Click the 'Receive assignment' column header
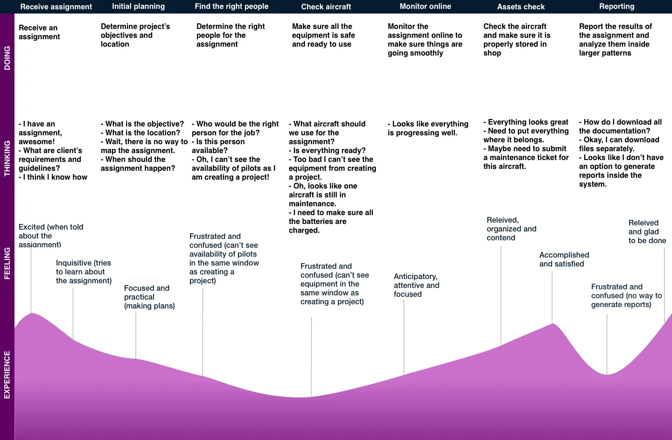click(x=56, y=7)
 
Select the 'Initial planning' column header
click(x=138, y=7)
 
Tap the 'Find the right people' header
click(x=231, y=7)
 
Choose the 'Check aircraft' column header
click(x=326, y=7)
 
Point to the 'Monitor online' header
click(x=425, y=7)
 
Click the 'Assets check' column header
click(x=521, y=7)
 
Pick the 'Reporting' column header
click(x=616, y=7)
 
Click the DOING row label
click(x=7, y=58)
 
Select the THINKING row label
click(x=7, y=158)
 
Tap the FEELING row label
click(x=7, y=263)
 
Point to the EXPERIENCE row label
click(x=7, y=375)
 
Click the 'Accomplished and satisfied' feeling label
click(x=564, y=259)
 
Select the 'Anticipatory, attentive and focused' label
click(x=416, y=285)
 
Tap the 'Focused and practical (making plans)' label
click(x=149, y=297)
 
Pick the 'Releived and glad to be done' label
click(x=647, y=231)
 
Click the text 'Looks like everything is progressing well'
click(x=428, y=128)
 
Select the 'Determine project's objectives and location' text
click(x=135, y=35)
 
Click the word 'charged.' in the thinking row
click(x=304, y=230)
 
